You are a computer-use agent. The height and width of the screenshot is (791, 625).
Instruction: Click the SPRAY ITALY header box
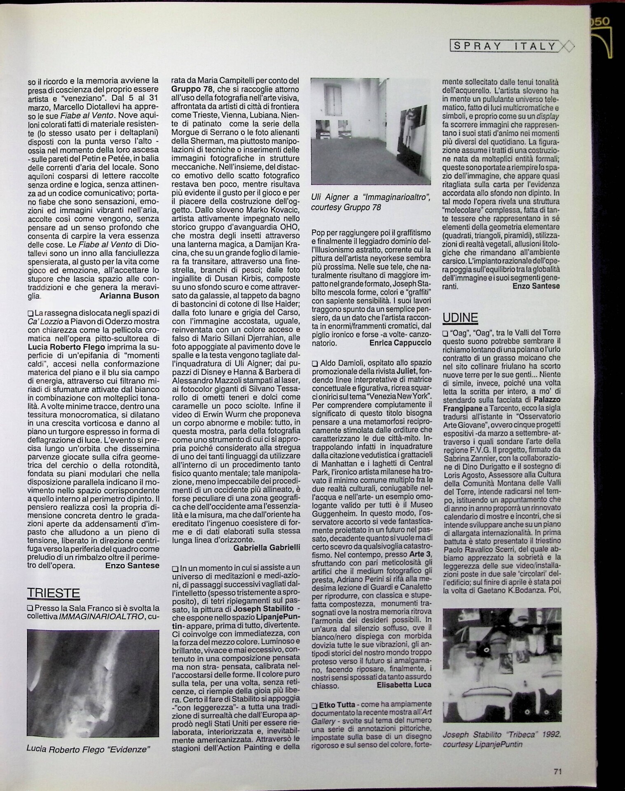506,46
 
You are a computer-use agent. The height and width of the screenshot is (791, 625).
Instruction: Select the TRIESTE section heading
53,593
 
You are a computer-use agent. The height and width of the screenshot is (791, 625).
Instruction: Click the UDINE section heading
460,318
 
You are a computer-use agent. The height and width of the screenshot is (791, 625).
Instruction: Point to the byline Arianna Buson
129,295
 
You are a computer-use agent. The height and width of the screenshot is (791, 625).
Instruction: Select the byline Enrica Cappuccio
400,342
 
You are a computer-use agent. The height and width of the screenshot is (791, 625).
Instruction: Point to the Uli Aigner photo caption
371,202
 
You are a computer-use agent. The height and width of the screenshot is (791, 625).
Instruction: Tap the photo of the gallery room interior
371,131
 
